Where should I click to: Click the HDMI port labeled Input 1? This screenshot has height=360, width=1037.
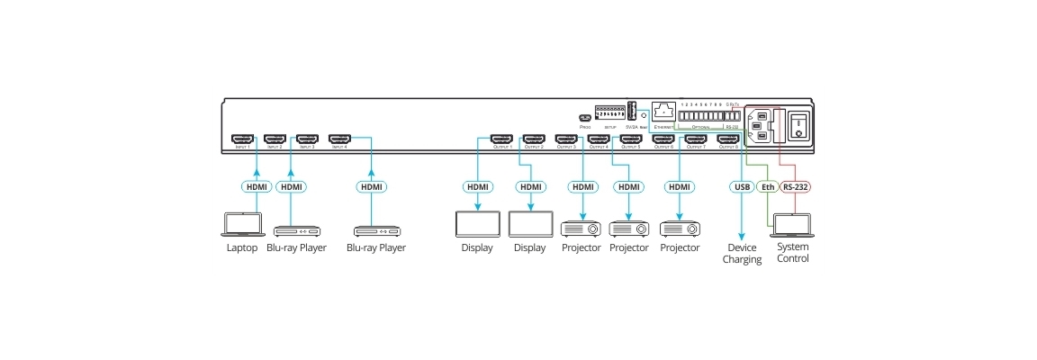point(242,139)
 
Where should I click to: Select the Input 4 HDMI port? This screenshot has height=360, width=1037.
point(339,139)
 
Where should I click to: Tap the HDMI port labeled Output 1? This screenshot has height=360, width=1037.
point(500,139)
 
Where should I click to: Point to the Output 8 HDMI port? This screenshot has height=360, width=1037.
point(727,139)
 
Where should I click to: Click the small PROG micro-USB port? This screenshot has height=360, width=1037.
point(585,117)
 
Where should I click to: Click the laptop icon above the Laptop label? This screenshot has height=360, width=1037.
point(240,223)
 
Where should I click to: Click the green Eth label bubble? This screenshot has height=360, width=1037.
point(767,187)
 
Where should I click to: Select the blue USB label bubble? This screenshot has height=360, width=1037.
point(741,187)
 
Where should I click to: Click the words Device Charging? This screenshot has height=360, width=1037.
point(742,254)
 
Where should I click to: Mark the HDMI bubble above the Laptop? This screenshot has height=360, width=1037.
point(257,187)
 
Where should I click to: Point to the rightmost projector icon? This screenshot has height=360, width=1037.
point(680,226)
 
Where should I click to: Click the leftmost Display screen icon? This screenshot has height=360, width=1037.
point(477,224)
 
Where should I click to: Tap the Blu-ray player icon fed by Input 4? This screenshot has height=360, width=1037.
point(376,230)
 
